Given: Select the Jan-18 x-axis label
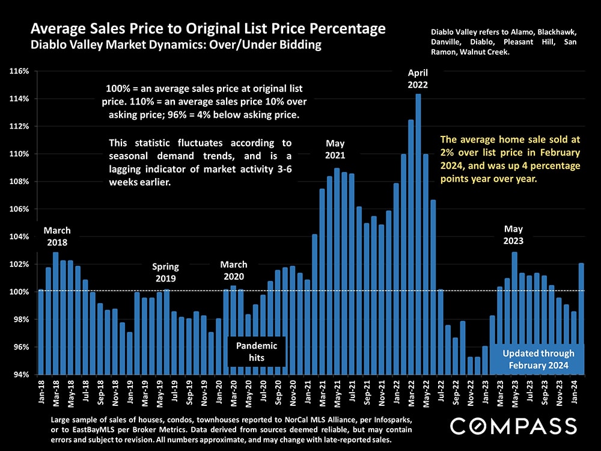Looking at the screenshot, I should [x=41, y=391].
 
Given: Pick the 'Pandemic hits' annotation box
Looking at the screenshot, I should [x=257, y=352].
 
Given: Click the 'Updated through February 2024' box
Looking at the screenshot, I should [x=538, y=359].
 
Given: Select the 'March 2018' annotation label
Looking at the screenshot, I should [x=57, y=236].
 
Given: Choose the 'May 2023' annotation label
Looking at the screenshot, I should [x=513, y=235].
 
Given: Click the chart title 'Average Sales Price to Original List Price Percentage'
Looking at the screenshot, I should [x=208, y=29].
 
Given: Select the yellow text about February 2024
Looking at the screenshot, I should [x=510, y=159].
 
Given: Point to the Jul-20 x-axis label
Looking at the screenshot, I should [x=263, y=391].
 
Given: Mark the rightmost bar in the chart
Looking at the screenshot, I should [x=581, y=319].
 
